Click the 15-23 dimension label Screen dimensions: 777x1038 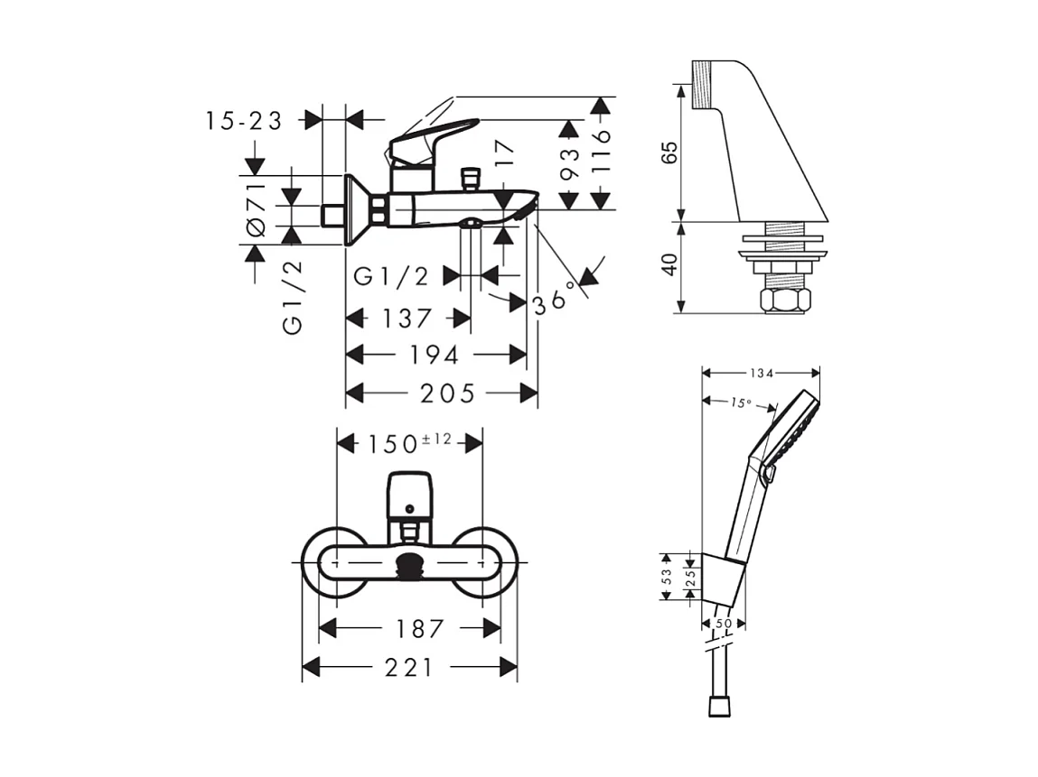244,120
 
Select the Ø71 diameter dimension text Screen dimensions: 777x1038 256,208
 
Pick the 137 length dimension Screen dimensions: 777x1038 407,319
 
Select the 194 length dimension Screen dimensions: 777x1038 436,355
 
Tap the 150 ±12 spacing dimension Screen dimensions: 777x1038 409,443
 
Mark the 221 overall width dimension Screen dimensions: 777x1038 409,667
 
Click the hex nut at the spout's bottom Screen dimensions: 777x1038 784,301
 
